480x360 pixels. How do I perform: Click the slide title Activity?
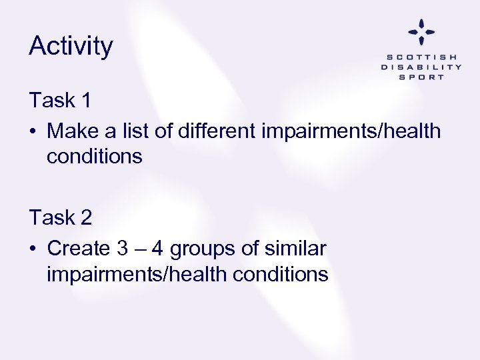pyautogui.click(x=71, y=47)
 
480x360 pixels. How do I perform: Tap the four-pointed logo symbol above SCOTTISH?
pyautogui.click(x=421, y=31)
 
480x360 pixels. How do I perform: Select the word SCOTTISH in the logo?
pyautogui.click(x=421, y=57)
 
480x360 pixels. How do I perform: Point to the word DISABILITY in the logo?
pyautogui.click(x=421, y=67)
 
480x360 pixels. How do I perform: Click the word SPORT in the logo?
pyautogui.click(x=421, y=77)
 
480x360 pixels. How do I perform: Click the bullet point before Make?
pyautogui.click(x=33, y=131)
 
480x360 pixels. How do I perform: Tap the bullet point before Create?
pyautogui.click(x=33, y=249)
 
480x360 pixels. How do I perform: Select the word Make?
pyautogui.click(x=72, y=131)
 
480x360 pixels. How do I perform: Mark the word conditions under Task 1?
pyautogui.click(x=95, y=157)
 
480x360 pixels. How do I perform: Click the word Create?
pyautogui.click(x=79, y=249)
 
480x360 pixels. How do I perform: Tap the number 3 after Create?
pyautogui.click(x=123, y=249)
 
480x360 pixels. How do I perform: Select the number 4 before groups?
pyautogui.click(x=157, y=249)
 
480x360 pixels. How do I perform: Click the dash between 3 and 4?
pyautogui.click(x=139, y=249)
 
